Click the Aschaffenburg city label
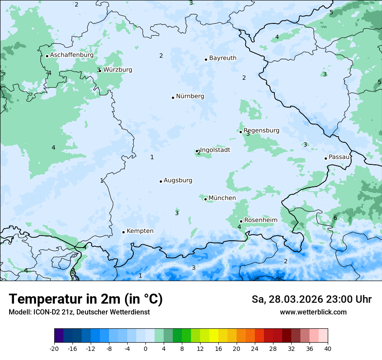pos(72,55)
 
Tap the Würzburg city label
pos(118,69)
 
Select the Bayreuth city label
pos(223,58)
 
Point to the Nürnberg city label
pos(190,96)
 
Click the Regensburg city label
pos(261,130)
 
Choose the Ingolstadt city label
pos(215,150)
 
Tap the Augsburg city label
pos(178,180)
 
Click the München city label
pos(222,198)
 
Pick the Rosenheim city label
pos(260,220)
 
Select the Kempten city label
pos(140,231)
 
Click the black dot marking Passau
pos(326,158)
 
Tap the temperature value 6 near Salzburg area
pos(335,218)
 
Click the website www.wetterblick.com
pos(313,312)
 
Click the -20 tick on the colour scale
pos(54,348)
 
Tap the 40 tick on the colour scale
pos(327,348)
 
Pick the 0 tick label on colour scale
pos(145,348)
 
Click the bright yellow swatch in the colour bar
pos(214,336)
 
